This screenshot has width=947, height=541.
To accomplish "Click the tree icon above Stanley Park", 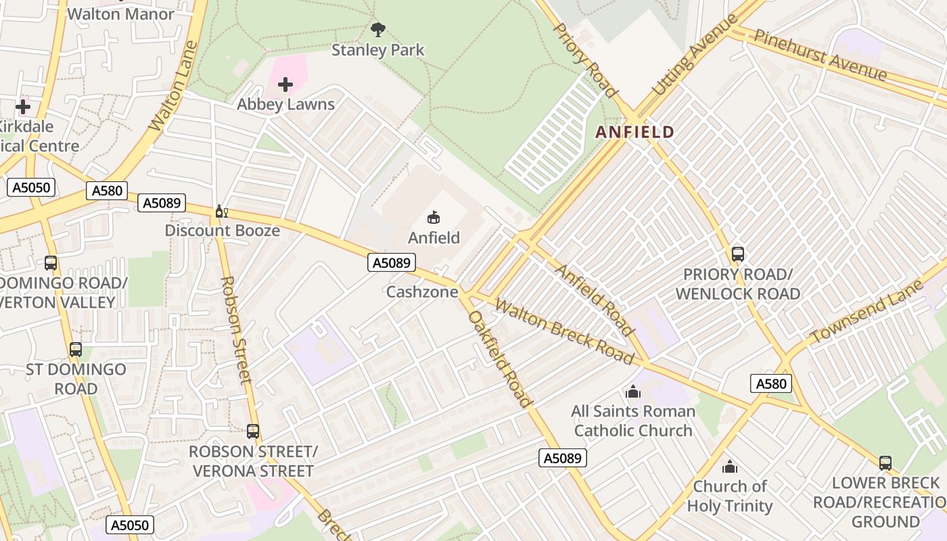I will click(378, 29).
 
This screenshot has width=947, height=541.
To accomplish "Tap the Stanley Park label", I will click(378, 50).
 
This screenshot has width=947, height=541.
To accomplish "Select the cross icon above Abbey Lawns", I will click(285, 85).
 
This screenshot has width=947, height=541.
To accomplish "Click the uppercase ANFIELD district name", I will click(634, 133).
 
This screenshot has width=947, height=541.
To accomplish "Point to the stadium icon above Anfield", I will click(434, 217).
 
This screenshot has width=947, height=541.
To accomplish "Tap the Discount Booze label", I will click(222, 231).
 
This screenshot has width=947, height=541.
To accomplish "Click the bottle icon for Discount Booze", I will click(221, 212).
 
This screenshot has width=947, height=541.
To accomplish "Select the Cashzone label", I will click(422, 292).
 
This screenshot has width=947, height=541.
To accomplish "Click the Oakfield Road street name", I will click(500, 358).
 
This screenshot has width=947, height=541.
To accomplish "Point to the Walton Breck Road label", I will click(563, 331).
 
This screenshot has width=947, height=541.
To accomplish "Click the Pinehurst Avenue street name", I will click(820, 55).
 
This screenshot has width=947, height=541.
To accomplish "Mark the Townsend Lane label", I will click(867, 311).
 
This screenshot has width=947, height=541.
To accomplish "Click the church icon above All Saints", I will click(633, 392).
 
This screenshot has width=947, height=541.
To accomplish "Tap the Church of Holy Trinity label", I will click(730, 496).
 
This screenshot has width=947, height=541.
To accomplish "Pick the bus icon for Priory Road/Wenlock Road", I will click(737, 254).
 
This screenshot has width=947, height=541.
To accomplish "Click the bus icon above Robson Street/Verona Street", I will click(253, 431).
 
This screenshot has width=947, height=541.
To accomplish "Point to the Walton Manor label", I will click(120, 14).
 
